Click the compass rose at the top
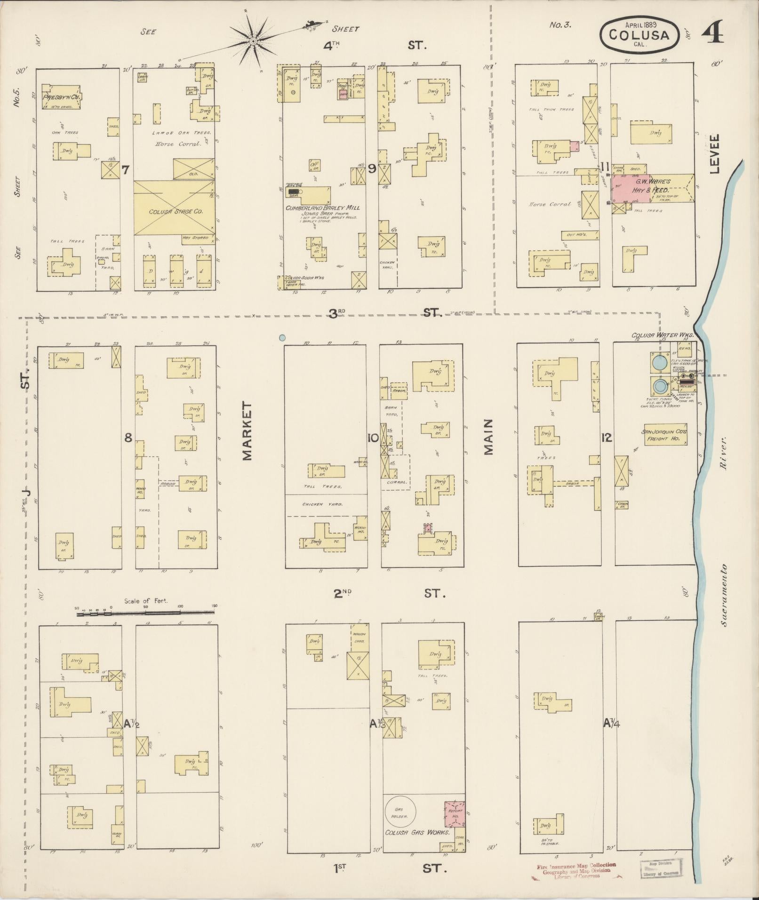(253, 41)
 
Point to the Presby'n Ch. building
(60, 97)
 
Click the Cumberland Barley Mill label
(322, 207)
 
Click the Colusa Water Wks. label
(662, 335)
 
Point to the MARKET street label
(248, 430)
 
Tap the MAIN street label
(488, 437)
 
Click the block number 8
(128, 438)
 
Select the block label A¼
(612, 723)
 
